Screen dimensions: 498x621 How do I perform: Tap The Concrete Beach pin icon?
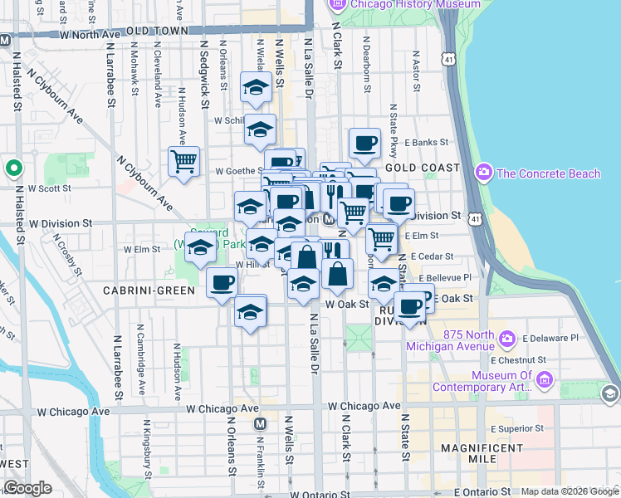pos(483,173)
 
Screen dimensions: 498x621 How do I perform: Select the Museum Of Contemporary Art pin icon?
pos(545,380)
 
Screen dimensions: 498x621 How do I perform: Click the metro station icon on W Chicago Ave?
pos(260,423)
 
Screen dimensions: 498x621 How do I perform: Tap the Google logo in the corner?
pos(28,488)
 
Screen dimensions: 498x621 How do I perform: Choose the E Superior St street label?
pos(517,428)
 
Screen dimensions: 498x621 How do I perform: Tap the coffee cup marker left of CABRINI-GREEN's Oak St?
pos(222,283)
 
